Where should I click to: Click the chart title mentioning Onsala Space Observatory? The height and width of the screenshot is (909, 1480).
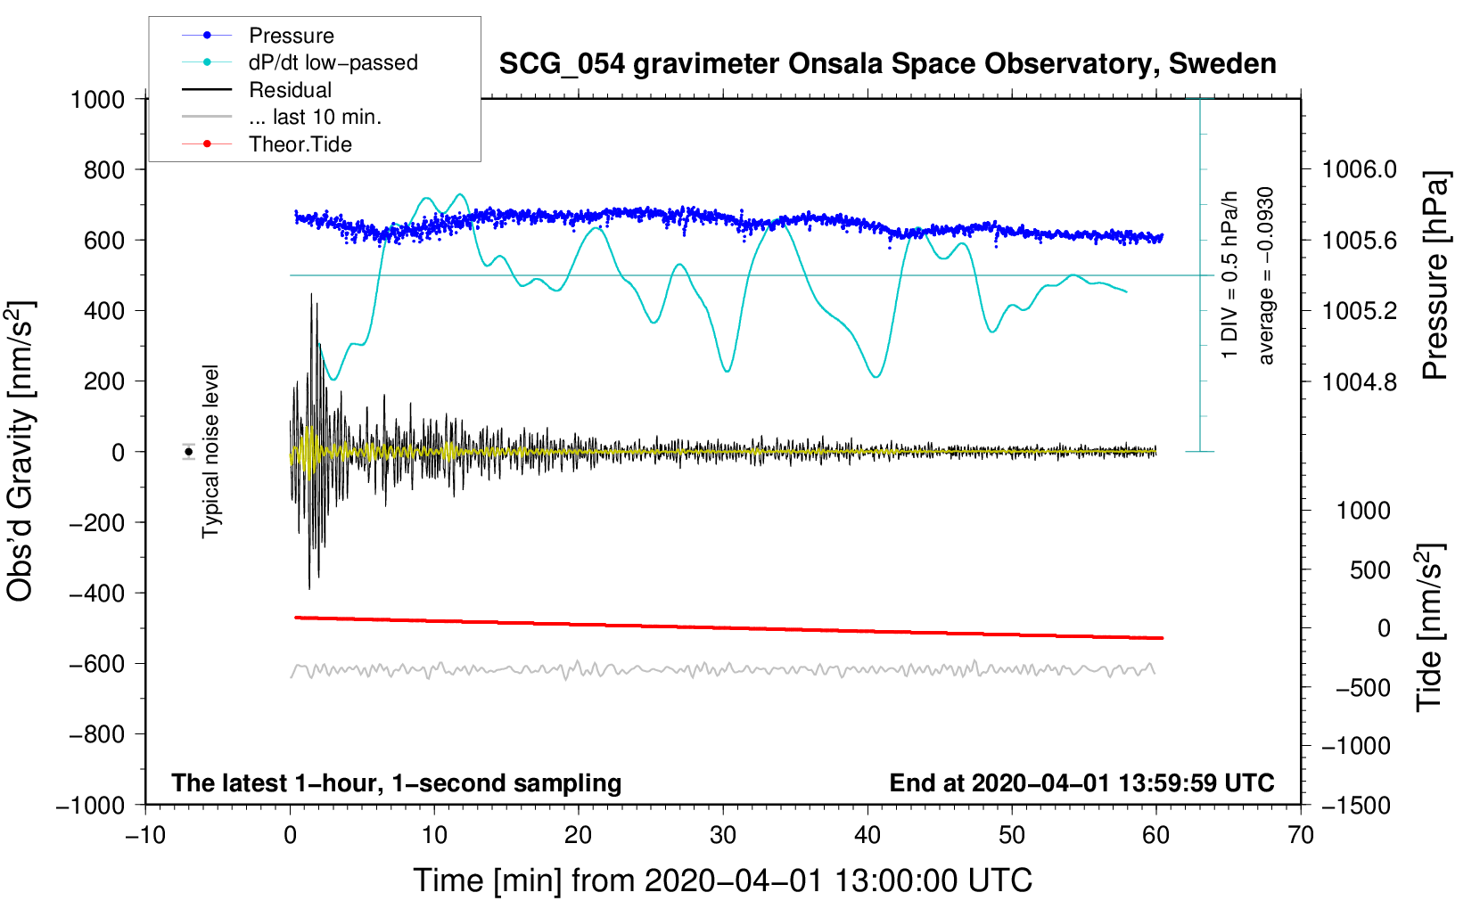pos(887,64)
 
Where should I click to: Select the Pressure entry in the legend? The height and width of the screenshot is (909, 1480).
pos(291,36)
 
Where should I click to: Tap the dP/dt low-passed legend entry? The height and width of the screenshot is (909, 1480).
pos(333,62)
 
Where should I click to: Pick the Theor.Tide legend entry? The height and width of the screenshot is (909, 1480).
pos(300,144)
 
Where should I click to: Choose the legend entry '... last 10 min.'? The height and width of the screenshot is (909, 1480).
pos(315,117)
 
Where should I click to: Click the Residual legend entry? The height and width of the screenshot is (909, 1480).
pos(290,90)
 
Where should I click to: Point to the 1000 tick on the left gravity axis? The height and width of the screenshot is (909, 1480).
pos(97,99)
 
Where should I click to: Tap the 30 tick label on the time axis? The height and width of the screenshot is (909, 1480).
pos(723,835)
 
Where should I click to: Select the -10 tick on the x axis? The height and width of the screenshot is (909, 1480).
pos(145,835)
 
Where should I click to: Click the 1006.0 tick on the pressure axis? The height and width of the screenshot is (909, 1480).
pos(1359,169)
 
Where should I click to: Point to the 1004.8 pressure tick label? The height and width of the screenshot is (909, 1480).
pos(1359,382)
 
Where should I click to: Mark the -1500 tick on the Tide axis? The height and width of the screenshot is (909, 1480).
pos(1355,805)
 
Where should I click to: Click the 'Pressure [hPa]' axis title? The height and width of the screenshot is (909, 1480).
pos(1435,276)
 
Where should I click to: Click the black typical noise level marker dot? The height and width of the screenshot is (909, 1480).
pos(189,452)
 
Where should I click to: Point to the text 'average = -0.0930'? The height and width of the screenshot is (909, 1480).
pos(1266,276)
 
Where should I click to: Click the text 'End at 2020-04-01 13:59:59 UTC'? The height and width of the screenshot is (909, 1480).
pos(1081,782)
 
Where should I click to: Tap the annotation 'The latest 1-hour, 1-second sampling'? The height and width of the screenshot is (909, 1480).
pos(396,782)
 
